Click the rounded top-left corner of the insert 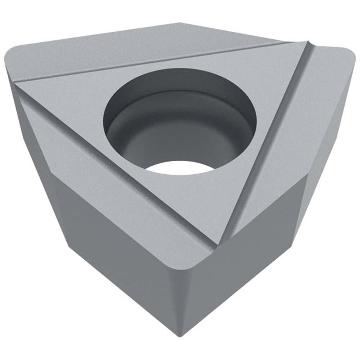(14, 58)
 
